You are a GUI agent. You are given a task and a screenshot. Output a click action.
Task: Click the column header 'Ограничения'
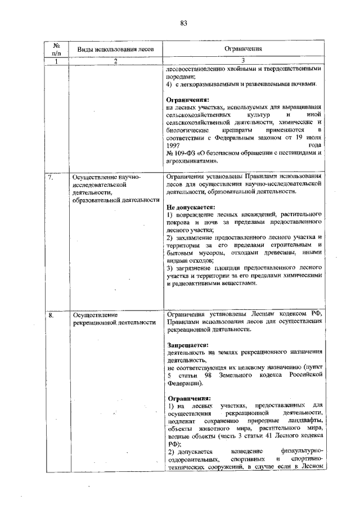[244, 49]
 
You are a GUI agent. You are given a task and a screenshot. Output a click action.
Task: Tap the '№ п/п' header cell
[56, 49]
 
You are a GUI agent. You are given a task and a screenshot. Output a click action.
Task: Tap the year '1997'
[175, 145]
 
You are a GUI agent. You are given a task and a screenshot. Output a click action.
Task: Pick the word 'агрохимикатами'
[190, 160]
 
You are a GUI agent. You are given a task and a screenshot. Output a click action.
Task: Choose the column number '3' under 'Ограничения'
[244, 61]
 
